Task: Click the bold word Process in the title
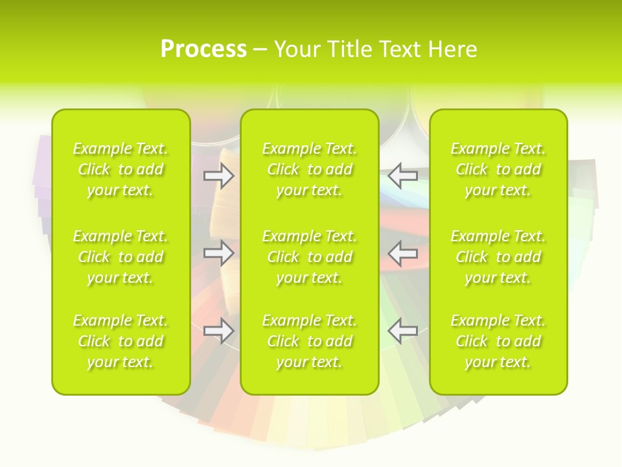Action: click(x=203, y=49)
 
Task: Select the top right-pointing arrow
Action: click(x=218, y=176)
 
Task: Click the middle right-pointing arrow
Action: click(x=218, y=253)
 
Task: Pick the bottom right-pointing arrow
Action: click(x=218, y=331)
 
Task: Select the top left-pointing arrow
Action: click(x=403, y=176)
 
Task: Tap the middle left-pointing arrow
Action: click(x=403, y=253)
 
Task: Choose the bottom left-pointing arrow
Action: click(x=403, y=331)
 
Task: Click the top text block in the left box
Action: click(x=121, y=169)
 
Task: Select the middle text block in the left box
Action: click(x=121, y=257)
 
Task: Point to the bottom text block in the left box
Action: click(x=121, y=341)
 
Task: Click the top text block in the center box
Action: click(x=310, y=169)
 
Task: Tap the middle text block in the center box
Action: click(x=310, y=257)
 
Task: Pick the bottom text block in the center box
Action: click(x=310, y=341)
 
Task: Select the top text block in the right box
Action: click(x=498, y=169)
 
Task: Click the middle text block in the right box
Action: click(x=498, y=257)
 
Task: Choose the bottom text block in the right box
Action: click(x=498, y=341)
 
